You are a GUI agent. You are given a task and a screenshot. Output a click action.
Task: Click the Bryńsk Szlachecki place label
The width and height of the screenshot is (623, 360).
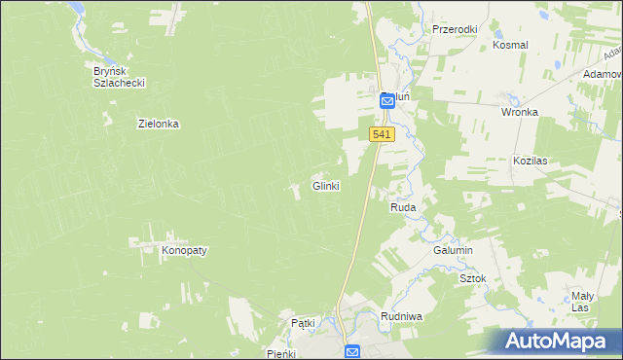coord(119,77)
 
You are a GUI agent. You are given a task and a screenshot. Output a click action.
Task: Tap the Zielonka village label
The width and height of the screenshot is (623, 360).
coord(159,125)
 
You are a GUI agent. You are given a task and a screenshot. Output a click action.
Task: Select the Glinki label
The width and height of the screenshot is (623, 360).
coord(325,186)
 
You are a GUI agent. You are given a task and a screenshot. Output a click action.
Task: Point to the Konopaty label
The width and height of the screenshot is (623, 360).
coord(184,250)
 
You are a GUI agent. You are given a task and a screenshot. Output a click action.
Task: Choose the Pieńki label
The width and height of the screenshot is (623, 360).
coord(281,354)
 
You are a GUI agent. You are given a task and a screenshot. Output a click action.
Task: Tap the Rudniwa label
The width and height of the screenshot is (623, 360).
coord(400,316)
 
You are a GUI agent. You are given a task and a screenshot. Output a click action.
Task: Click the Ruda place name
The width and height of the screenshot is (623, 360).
coord(404,208)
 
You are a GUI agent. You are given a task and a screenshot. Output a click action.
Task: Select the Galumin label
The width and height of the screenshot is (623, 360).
coord(453,250)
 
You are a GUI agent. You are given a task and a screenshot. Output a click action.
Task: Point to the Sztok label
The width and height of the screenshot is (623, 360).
coord(472,278)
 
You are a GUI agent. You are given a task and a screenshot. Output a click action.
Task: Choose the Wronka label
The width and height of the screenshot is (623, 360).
coord(520,112)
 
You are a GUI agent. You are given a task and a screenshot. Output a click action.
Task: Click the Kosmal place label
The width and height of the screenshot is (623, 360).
coord(510,45)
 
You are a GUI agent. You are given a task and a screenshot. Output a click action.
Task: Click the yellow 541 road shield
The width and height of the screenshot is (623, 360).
coord(382,135)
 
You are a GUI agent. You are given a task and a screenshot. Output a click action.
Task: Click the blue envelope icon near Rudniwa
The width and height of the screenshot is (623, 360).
coord(352,351)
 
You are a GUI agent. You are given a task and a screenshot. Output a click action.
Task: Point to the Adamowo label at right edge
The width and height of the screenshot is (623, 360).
coord(603,74)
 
